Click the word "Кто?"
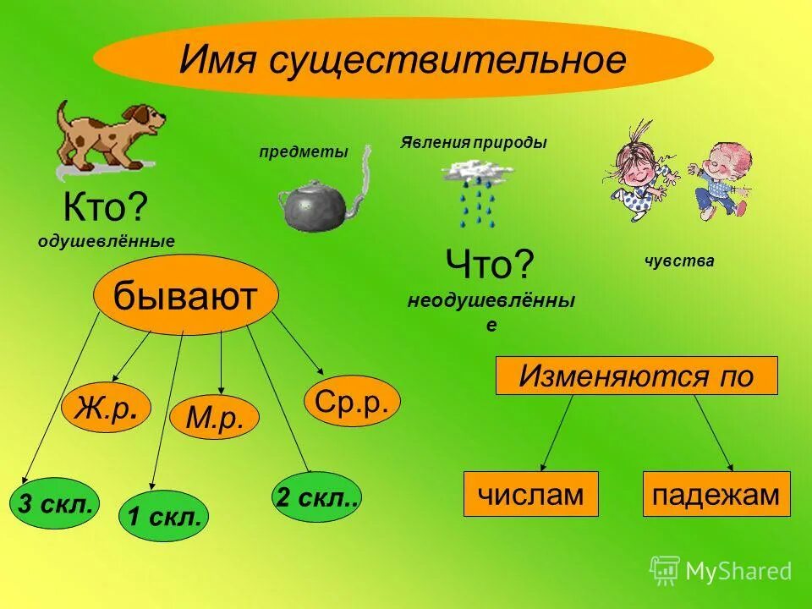click(105, 207)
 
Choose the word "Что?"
click(491, 266)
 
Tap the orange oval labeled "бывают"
click(185, 297)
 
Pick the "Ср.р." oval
click(351, 402)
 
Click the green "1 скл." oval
click(164, 514)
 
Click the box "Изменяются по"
click(636, 376)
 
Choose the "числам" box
click(530, 494)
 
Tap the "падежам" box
click(716, 494)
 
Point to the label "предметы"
click(304, 152)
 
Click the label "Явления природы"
click(474, 143)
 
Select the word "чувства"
click(679, 261)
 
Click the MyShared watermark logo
click(721, 571)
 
